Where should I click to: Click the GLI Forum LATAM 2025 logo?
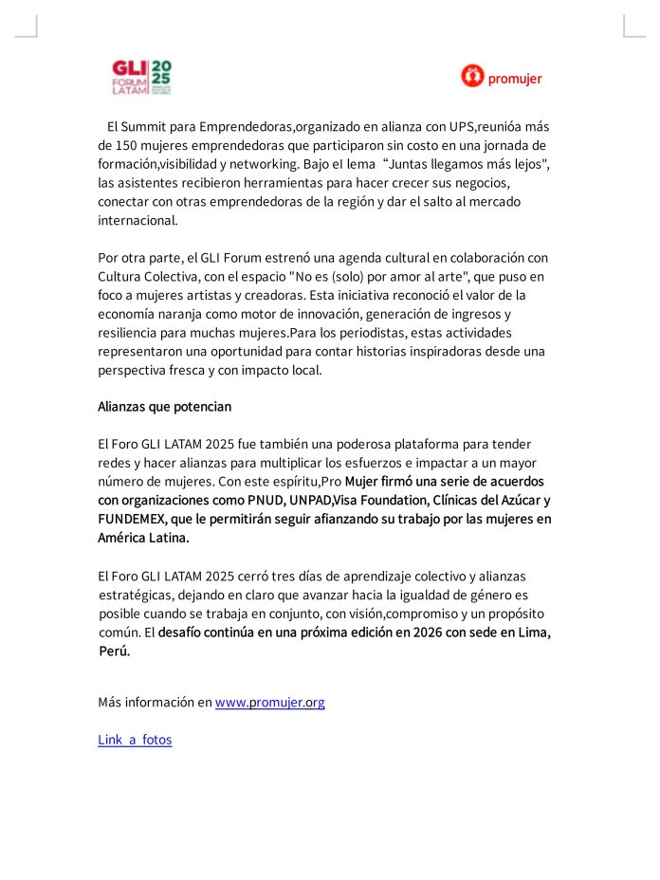pyautogui.click(x=141, y=78)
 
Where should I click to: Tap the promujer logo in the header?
pyautogui.click(x=502, y=77)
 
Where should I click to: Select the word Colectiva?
pyautogui.click(x=173, y=276)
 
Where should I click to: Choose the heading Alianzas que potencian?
pyautogui.click(x=164, y=407)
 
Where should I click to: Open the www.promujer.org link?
pyautogui.click(x=270, y=703)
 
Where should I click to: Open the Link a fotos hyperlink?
pyautogui.click(x=135, y=740)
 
